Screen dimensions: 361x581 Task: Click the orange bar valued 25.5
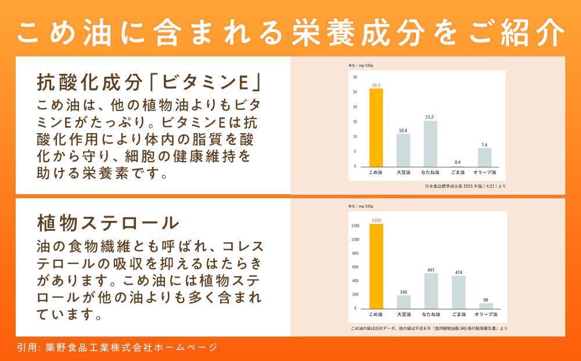376,128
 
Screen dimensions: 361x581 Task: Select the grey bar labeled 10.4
403,151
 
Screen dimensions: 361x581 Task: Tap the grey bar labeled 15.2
431,144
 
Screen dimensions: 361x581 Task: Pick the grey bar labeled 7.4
485,157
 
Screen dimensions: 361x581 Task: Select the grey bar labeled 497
431,291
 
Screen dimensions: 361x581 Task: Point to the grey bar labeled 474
458,292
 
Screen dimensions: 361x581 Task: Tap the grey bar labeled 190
403,302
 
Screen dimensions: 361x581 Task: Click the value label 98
485,300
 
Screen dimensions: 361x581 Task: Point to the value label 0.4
458,162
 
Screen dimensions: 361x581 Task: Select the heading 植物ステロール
107,223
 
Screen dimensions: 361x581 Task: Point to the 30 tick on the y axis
355,77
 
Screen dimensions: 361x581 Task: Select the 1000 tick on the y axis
354,239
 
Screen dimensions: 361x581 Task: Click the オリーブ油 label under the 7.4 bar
485,173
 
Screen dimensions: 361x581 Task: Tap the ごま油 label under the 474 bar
458,314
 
